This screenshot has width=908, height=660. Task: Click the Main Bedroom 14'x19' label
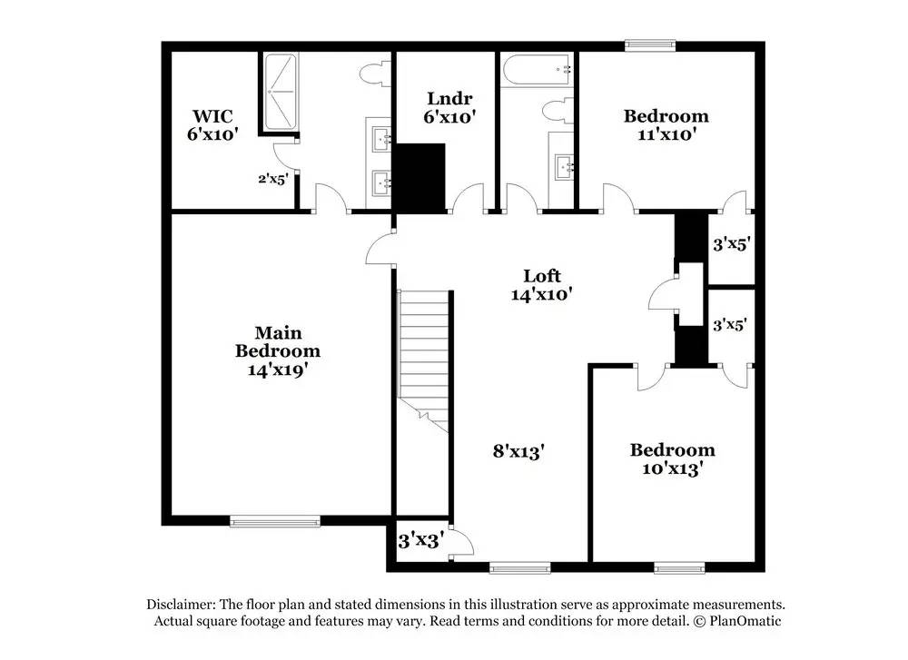click(x=278, y=350)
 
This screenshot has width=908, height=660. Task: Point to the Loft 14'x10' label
click(x=542, y=285)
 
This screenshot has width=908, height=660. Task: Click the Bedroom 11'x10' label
click(x=666, y=125)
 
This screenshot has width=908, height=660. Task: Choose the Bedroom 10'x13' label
click(x=672, y=459)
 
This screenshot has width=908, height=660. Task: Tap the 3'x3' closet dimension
click(x=421, y=541)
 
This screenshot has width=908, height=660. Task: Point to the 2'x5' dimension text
click(x=271, y=179)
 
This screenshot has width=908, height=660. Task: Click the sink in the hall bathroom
click(x=566, y=166)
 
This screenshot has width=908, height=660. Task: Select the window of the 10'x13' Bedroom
click(x=680, y=569)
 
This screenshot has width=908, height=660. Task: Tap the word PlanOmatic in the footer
click(x=745, y=621)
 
